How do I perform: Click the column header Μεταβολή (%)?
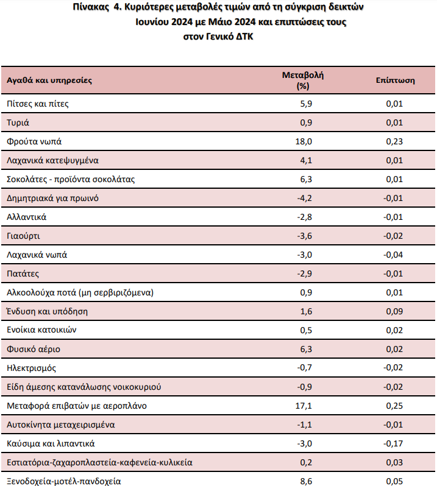[303, 80]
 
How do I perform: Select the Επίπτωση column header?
[395, 80]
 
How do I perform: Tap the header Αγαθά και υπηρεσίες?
[49, 80]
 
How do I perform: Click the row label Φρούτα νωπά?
[34, 141]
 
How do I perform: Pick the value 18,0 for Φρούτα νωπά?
[304, 141]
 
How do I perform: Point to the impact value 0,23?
[394, 141]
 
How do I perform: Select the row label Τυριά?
[18, 122]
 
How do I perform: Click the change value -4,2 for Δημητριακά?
[305, 198]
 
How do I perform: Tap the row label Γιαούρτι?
[23, 236]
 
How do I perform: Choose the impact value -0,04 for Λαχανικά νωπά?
[393, 255]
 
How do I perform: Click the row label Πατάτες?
[23, 273]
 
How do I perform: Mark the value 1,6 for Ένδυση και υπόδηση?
[306, 311]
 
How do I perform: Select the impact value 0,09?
[394, 311]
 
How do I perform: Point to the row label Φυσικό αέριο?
[34, 349]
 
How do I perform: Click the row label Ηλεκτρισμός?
[31, 368]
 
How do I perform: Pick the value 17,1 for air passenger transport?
[304, 406]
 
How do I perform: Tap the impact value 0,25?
[394, 406]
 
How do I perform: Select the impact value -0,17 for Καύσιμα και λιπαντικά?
[393, 443]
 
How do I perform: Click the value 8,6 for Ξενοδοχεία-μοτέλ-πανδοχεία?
[306, 481]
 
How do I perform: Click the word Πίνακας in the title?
[91, 7]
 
